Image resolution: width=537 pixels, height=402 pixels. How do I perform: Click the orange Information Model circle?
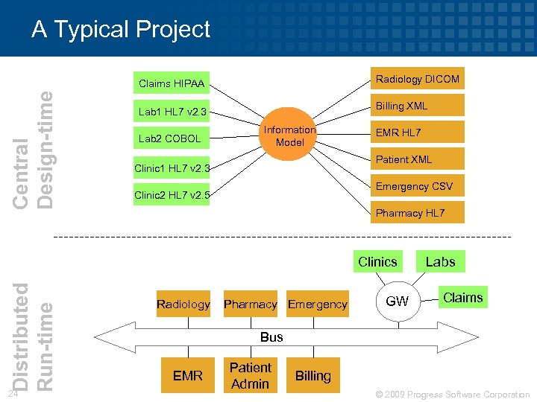tap(289, 135)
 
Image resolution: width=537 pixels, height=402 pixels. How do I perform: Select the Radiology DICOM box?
tap(417, 79)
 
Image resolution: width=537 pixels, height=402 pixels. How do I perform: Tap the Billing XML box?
tap(417, 106)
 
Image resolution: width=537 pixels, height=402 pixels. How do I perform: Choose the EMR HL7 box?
tap(417, 133)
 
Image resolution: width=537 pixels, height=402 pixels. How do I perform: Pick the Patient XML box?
tap(417, 159)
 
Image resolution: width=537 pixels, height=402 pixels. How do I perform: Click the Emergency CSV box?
tap(417, 186)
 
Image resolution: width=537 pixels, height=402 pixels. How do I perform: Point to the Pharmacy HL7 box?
tap(417, 213)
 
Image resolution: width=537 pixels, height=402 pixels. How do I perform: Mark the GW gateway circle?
tap(397, 301)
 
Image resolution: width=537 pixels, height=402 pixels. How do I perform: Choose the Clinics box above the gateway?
tap(377, 261)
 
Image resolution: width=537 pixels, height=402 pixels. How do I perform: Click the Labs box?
tap(440, 261)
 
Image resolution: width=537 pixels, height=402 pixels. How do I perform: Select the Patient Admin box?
tap(250, 376)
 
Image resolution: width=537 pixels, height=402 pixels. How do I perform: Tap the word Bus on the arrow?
tap(271, 337)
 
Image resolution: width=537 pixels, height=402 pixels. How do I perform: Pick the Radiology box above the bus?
tap(183, 304)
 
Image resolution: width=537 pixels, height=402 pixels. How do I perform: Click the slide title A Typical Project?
tap(121, 29)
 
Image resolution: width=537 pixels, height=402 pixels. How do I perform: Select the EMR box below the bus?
tap(187, 376)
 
